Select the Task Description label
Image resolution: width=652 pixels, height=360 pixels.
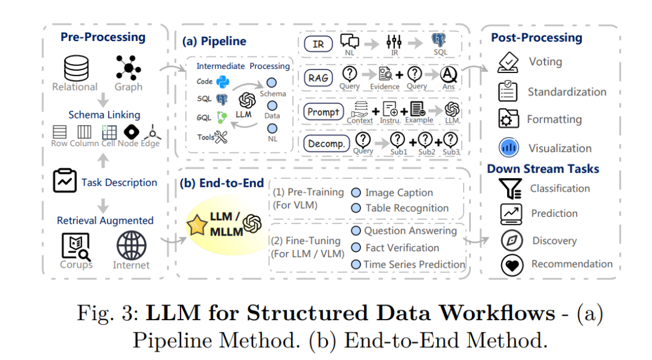pyautogui.click(x=119, y=182)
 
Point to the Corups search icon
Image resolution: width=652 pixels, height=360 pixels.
pyautogui.click(x=76, y=246)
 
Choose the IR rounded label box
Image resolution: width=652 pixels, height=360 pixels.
pyautogui.click(x=318, y=43)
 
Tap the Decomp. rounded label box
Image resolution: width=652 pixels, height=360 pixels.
pyautogui.click(x=325, y=144)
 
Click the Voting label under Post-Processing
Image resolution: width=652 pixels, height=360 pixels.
pyautogui.click(x=545, y=62)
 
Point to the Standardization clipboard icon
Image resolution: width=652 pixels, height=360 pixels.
pyautogui.click(x=508, y=91)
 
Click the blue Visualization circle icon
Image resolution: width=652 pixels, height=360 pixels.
pyautogui.click(x=509, y=147)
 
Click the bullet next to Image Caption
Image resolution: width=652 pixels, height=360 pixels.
pyautogui.click(x=356, y=193)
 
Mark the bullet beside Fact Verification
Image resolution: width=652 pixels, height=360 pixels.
pyautogui.click(x=356, y=248)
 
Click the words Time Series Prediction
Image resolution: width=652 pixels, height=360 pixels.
pyautogui.click(x=414, y=265)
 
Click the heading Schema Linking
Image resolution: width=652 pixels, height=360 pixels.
pyautogui.click(x=104, y=115)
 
